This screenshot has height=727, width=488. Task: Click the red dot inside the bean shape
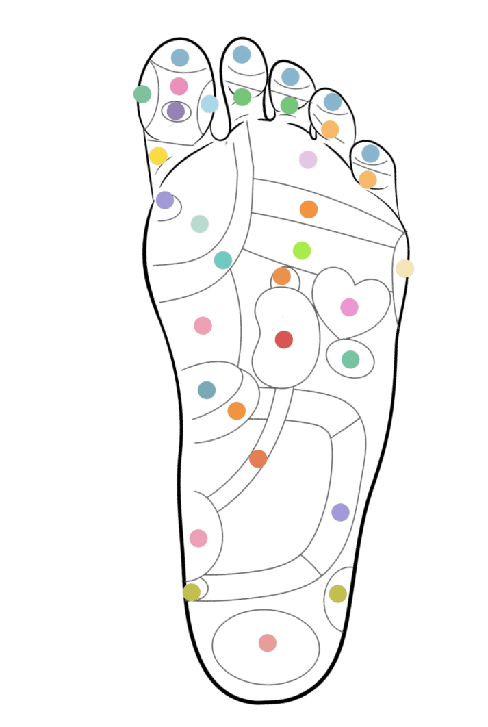tap(284, 340)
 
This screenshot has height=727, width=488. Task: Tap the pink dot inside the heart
tap(350, 307)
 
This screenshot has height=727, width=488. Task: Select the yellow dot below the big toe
tap(158, 156)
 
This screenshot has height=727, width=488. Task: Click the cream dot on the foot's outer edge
tap(404, 268)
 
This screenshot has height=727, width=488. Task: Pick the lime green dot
tap(302, 251)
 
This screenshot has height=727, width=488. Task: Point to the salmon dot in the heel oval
tap(268, 643)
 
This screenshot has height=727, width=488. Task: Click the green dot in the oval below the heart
tap(350, 359)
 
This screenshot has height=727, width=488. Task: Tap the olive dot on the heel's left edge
tap(192, 591)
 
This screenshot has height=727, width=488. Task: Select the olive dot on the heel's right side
tap(338, 594)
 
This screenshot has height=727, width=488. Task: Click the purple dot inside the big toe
tap(176, 110)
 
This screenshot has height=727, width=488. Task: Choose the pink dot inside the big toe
tap(179, 86)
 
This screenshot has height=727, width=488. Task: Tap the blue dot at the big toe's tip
tap(180, 58)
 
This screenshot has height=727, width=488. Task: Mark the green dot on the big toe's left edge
tap(142, 94)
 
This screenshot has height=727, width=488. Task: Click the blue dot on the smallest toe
tap(370, 153)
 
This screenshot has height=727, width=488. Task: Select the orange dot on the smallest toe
tap(368, 179)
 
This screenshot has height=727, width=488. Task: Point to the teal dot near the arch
tap(223, 260)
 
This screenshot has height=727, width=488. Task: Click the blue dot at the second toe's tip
tap(241, 54)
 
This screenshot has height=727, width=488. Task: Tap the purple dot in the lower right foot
tap(340, 512)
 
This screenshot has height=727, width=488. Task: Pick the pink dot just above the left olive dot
tap(198, 538)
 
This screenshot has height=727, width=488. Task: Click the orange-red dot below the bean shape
tap(258, 459)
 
